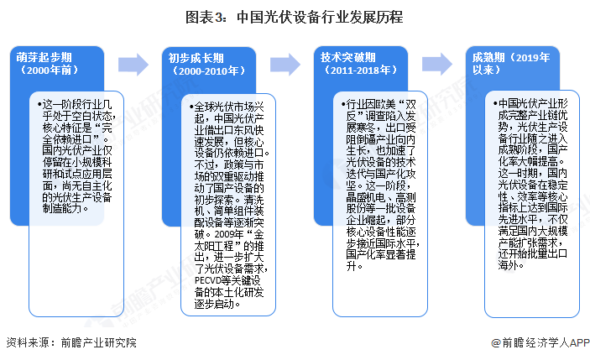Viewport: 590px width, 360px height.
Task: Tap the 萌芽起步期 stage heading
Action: point(42,57)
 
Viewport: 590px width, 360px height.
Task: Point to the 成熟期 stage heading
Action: point(489,57)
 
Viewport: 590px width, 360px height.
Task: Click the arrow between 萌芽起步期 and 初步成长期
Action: point(133,65)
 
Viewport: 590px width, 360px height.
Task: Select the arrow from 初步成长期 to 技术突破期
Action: point(285,65)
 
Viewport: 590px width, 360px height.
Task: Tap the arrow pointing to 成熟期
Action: point(436,65)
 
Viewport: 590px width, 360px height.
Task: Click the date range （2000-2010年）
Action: point(204,70)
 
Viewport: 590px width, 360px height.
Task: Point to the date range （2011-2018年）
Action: point(357,70)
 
